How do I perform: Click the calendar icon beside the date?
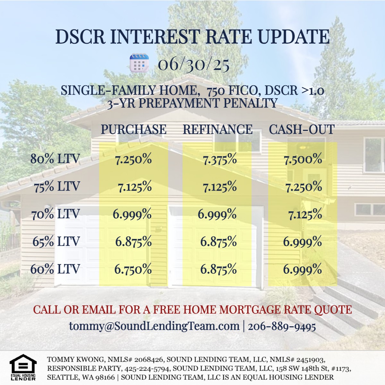click(139, 63)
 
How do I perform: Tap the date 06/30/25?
click(193, 64)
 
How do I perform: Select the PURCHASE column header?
click(134, 129)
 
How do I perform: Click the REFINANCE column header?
click(218, 129)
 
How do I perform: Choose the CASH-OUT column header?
click(302, 129)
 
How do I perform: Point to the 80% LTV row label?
click(55, 159)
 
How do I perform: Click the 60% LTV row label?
click(55, 269)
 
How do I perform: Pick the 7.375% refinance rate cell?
click(220, 159)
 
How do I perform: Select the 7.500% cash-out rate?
click(303, 159)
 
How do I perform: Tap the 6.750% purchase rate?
click(133, 269)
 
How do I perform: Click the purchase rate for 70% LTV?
click(132, 214)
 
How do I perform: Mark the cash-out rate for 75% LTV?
click(304, 187)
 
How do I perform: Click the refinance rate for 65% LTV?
click(218, 242)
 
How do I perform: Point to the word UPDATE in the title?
click(294, 37)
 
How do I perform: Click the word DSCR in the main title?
click(81, 37)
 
